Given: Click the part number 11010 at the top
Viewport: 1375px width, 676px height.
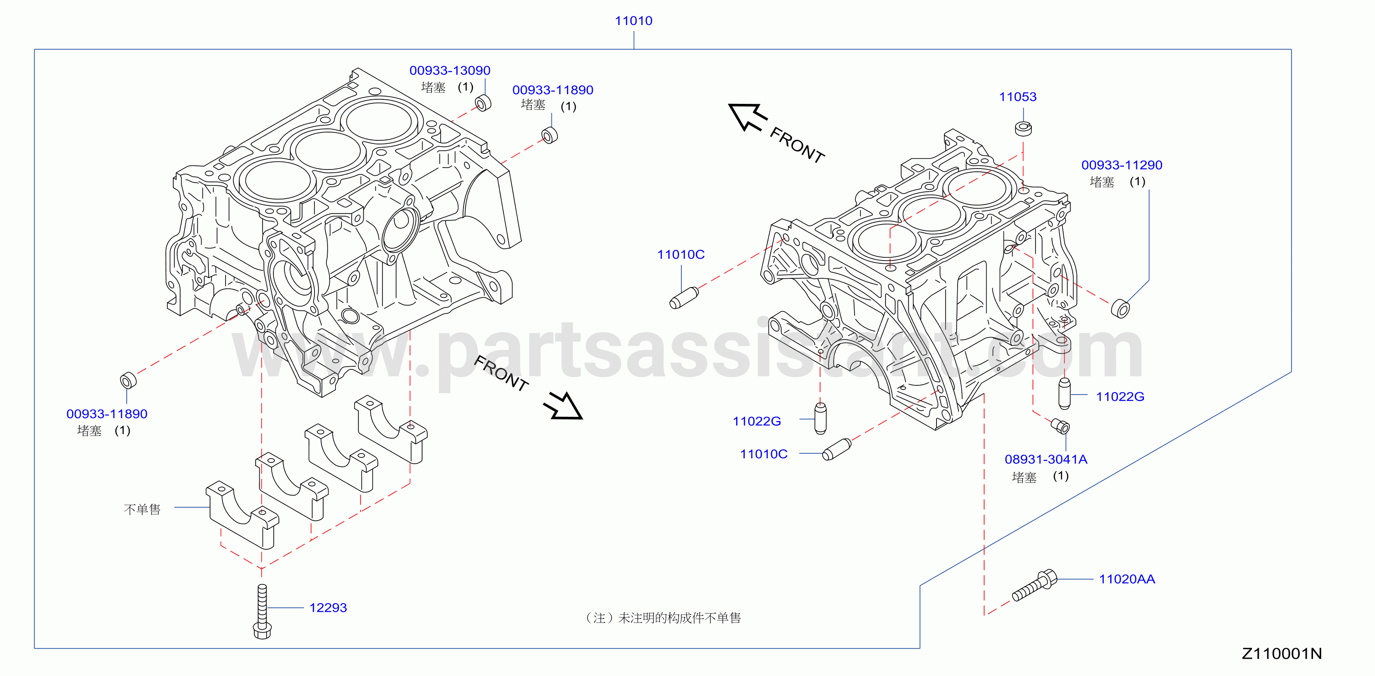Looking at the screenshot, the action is (633, 21).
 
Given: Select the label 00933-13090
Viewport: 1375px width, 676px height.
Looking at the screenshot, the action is (450, 71).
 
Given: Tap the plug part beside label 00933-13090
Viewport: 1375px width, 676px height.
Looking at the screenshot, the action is (483, 102).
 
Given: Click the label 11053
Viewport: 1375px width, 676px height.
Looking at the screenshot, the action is (1018, 97).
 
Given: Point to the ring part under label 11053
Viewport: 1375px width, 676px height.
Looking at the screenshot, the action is (1023, 128).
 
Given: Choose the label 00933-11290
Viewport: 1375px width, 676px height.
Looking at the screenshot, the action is (1122, 165).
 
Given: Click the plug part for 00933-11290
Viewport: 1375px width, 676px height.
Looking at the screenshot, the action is (1120, 308).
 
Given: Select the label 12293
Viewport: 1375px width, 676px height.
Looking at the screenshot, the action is (328, 608).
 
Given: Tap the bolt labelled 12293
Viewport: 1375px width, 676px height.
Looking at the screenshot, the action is (262, 611).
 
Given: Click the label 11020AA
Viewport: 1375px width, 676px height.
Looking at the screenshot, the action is (1127, 579).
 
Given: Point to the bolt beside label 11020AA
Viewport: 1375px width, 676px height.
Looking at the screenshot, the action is (1035, 585).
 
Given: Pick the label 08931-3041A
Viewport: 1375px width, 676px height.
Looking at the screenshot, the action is (1045, 459).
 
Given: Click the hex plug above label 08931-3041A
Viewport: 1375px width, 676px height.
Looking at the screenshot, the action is (1060, 426).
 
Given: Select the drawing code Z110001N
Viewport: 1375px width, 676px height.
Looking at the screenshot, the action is (1282, 654).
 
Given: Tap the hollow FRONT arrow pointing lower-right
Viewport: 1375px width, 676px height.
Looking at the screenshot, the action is (563, 406).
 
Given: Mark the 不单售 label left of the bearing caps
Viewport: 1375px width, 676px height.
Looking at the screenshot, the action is (142, 510).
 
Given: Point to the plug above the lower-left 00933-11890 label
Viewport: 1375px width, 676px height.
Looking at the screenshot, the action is (128, 380).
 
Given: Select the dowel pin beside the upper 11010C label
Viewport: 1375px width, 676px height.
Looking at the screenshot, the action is (684, 298).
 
